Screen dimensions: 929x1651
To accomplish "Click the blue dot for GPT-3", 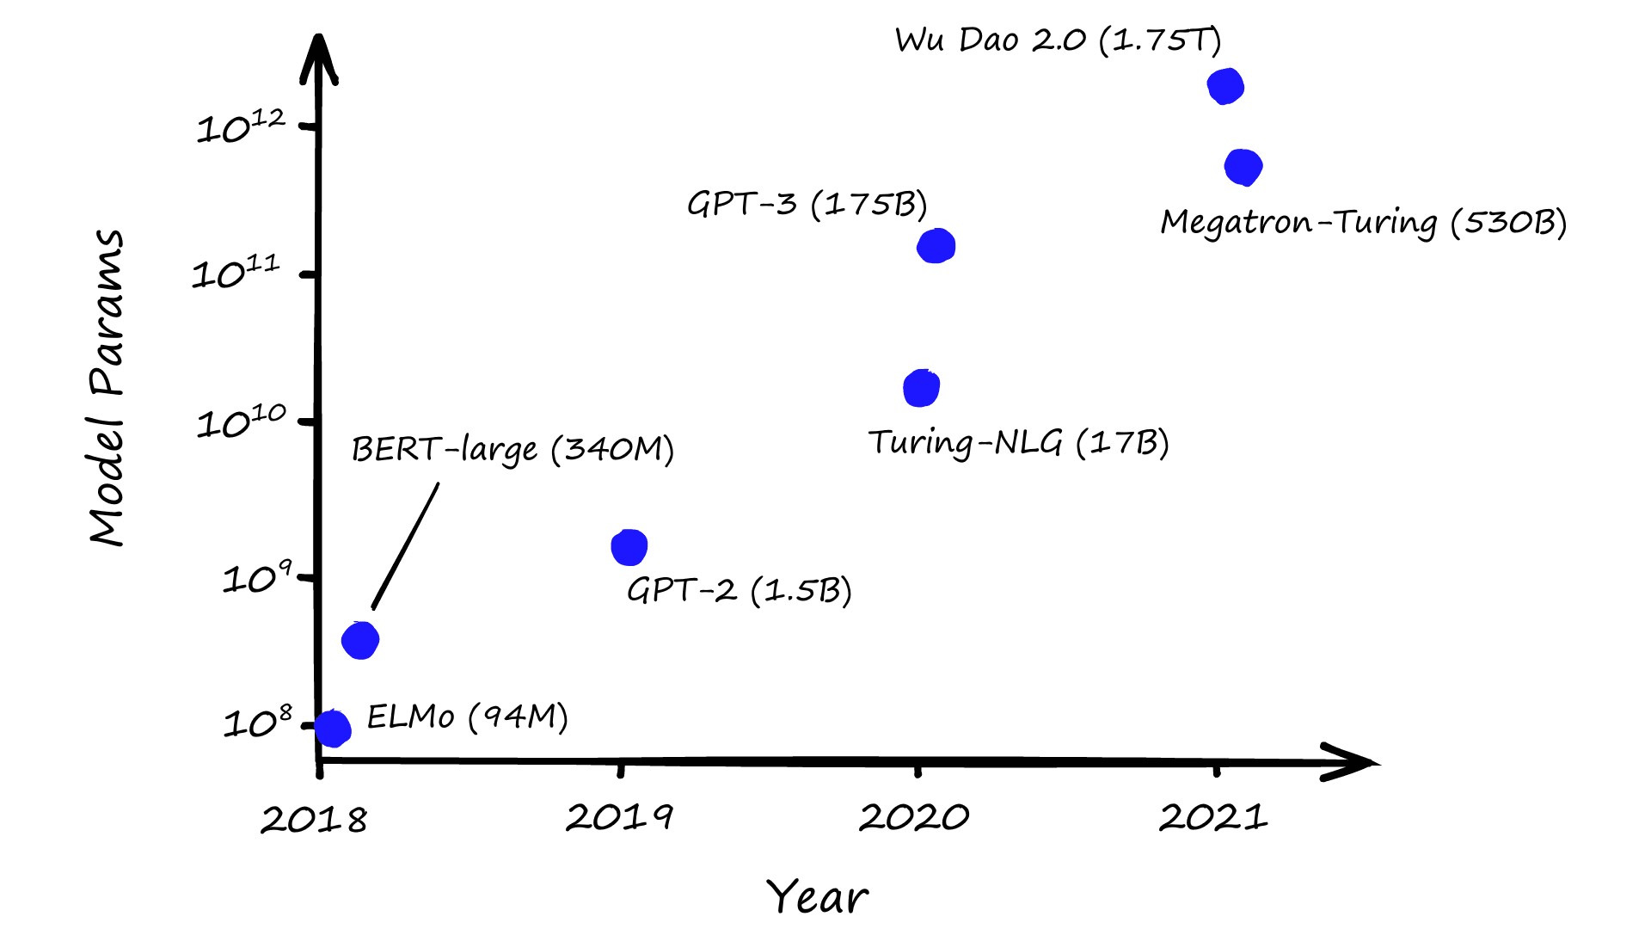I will [x=936, y=246].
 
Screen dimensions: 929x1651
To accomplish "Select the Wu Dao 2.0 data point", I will [x=1225, y=86].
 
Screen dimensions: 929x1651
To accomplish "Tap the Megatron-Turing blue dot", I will [x=1243, y=167].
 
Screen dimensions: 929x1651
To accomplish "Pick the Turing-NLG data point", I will [x=921, y=388].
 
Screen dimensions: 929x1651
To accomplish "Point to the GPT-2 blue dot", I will [x=629, y=547].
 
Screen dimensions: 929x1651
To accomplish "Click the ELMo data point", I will [x=333, y=729].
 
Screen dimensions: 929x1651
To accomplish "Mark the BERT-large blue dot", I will [x=360, y=640].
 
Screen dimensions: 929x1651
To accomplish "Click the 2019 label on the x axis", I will [x=619, y=817].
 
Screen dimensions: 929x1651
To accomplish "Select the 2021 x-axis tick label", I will [x=1213, y=817].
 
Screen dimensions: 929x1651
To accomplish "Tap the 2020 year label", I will [x=914, y=817].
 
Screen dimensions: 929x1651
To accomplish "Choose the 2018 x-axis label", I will [x=314, y=820].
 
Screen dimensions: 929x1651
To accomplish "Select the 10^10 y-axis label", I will [x=241, y=421].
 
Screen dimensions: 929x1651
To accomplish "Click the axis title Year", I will [x=817, y=897].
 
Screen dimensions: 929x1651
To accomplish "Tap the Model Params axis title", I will [x=107, y=387].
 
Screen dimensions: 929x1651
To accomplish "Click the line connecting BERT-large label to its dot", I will [x=406, y=546].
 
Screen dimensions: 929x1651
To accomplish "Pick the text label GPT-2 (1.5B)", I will [x=739, y=591].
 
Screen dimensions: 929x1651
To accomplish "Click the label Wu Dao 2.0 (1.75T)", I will [x=1058, y=40].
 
